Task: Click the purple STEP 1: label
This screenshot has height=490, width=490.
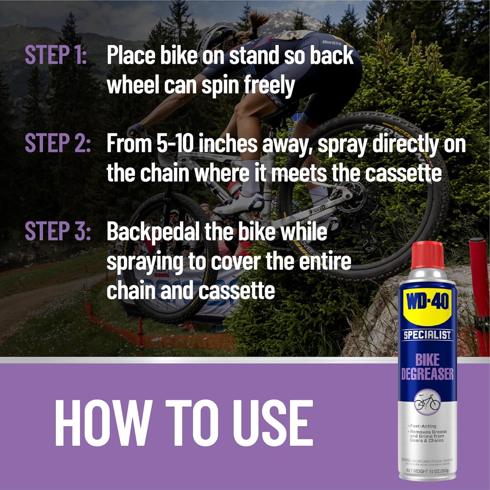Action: click(x=56, y=55)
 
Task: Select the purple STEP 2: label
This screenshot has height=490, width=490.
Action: click(x=57, y=143)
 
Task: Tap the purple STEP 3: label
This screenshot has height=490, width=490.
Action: click(x=57, y=231)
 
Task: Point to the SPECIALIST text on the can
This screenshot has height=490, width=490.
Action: click(x=427, y=335)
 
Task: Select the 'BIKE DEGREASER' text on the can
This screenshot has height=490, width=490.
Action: click(x=427, y=367)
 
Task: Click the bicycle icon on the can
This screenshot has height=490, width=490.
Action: click(x=427, y=402)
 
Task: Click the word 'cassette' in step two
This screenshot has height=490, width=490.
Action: click(x=403, y=173)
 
